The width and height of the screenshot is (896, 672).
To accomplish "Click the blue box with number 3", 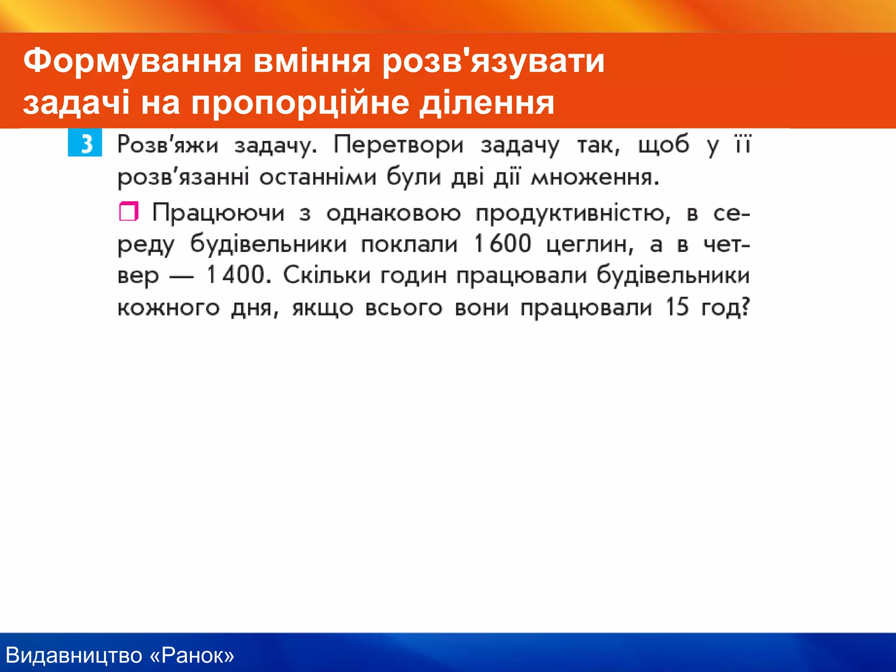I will point(85,143).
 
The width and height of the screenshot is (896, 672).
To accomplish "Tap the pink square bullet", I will point(129,212).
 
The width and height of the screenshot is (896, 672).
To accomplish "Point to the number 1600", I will point(502,244).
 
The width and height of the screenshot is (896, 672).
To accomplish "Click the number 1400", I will point(236,275).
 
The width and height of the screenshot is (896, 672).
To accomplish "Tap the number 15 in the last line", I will point(677,307).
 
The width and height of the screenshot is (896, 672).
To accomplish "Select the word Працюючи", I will point(218,213).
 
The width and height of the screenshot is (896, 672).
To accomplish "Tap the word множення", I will point(595,178).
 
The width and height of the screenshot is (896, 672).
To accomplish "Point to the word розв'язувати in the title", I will point(493,61).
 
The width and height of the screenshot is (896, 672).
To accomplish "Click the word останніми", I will point(318,178).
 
